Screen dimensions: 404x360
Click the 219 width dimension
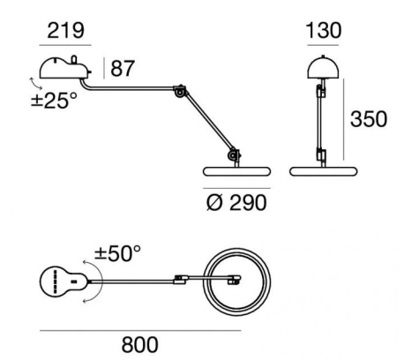pos(65,31)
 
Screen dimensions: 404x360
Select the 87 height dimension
pos(123,69)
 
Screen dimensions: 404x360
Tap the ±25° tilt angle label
pos(54,101)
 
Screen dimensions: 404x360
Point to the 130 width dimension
pos(324,30)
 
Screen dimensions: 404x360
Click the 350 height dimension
pos(369,119)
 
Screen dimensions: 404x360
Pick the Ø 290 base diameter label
pos(236,203)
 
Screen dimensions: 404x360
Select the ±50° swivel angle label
pos(117,253)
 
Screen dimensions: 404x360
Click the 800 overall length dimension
pos(139,345)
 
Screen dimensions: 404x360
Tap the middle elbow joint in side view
pos(180,91)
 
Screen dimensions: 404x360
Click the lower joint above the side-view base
pos(234,154)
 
